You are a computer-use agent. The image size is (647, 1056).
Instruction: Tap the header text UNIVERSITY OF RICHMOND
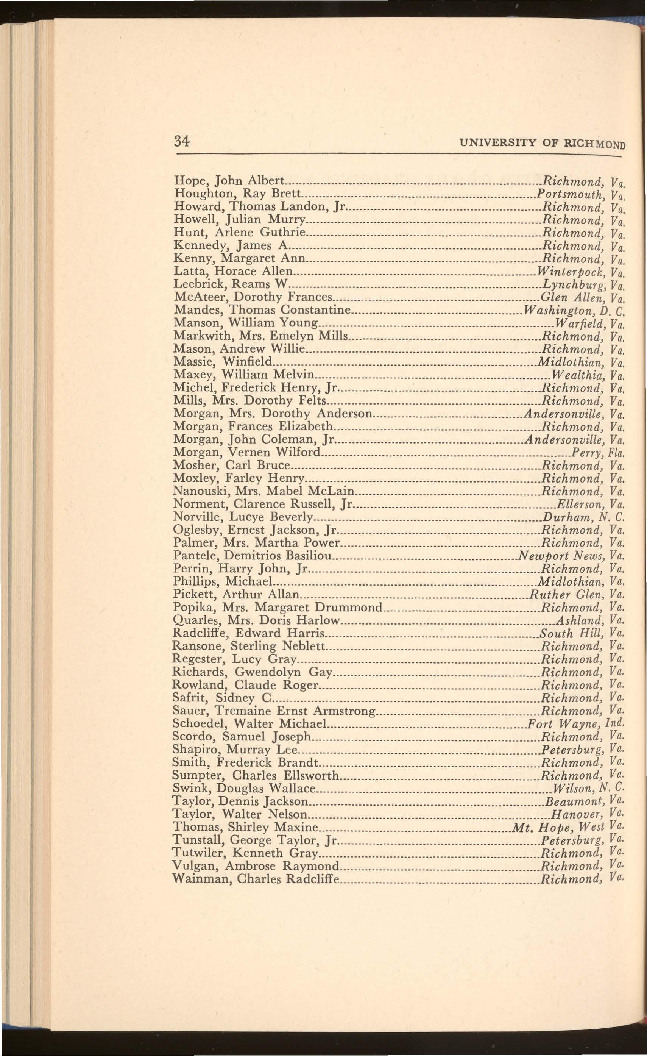tap(542, 143)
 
